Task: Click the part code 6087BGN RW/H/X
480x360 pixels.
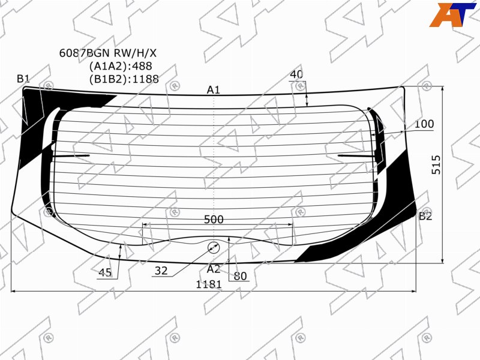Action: coord(108,53)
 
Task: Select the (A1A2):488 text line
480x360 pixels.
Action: coord(121,66)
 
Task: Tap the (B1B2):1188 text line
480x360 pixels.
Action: coord(124,79)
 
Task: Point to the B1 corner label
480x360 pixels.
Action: coord(23,79)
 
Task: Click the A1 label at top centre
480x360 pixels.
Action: coord(214,89)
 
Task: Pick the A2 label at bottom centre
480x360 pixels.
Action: coord(214,269)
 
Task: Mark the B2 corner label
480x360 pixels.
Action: coord(425,217)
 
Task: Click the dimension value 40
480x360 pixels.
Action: coord(296,74)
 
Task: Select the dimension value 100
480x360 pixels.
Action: coord(424,124)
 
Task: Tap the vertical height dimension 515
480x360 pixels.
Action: coord(436,165)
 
